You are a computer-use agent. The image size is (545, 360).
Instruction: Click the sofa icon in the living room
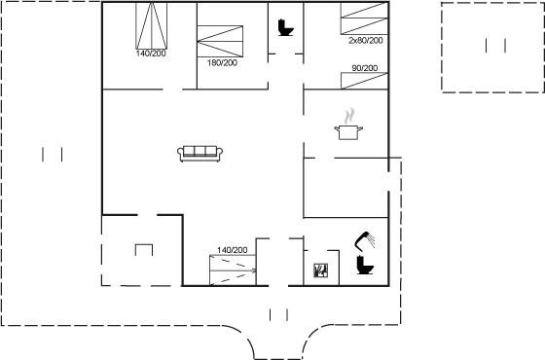pyautogui.click(x=200, y=154)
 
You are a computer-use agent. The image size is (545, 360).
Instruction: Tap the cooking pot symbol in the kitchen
pyautogui.click(x=348, y=132)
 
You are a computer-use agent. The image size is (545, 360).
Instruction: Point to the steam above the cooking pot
pyautogui.click(x=349, y=116)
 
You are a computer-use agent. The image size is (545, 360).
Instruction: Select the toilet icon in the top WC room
pyautogui.click(x=286, y=28)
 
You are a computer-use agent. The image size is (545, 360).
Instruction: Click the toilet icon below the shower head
pyautogui.click(x=365, y=265)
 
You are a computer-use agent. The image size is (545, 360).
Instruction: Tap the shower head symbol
pyautogui.click(x=365, y=240)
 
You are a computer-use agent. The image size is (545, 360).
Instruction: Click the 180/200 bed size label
pyautogui.click(x=223, y=63)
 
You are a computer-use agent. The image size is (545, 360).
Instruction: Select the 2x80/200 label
pyautogui.click(x=366, y=40)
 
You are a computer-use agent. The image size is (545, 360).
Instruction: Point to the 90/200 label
pyautogui.click(x=365, y=68)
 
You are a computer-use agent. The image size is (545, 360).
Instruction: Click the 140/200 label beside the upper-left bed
pyautogui.click(x=151, y=54)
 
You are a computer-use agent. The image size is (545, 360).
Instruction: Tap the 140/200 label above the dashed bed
pyautogui.click(x=233, y=250)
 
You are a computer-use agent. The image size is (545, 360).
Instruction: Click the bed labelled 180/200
pyautogui.click(x=220, y=41)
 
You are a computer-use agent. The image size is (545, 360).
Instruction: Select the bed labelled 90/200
pyautogui.click(x=364, y=81)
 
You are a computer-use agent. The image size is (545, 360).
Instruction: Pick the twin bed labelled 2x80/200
pyautogui.click(x=364, y=18)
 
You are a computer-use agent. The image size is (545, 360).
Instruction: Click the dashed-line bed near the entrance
pyautogui.click(x=233, y=270)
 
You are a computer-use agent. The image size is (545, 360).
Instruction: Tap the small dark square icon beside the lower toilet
pyautogui.click(x=320, y=270)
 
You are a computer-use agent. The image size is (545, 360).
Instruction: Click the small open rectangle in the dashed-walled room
pyautogui.click(x=144, y=244)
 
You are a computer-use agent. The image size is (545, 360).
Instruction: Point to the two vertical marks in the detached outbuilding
pyautogui.click(x=495, y=46)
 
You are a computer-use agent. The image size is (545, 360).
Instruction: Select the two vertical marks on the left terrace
pyautogui.click(x=53, y=155)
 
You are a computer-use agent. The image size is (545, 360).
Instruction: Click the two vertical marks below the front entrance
pyautogui.click(x=278, y=315)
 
